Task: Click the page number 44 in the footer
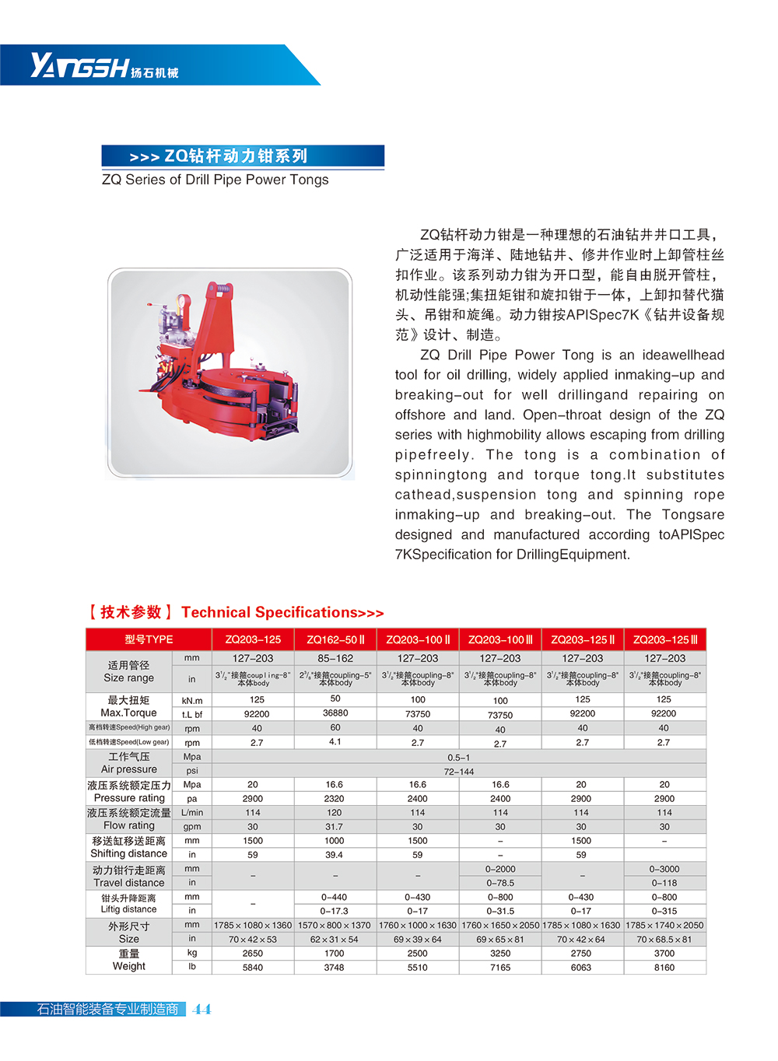[202, 1009]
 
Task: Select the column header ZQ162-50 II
[335, 639]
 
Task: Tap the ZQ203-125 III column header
[664, 639]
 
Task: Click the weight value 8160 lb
[664, 968]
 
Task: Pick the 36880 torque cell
[335, 713]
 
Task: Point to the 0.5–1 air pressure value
[459, 757]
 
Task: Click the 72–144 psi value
[459, 772]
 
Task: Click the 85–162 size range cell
[335, 658]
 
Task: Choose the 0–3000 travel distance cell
[664, 869]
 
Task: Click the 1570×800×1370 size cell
[335, 925]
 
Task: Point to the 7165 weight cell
[500, 968]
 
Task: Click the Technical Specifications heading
[282, 612]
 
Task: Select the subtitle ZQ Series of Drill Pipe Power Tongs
[216, 180]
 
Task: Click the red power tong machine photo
[230, 373]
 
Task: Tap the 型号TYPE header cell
[149, 639]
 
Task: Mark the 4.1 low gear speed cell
[335, 742]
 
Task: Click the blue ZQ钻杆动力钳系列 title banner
[242, 156]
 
